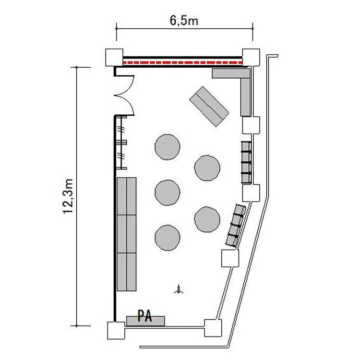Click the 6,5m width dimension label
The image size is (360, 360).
tap(184, 21)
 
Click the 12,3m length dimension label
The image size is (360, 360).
tap(68, 196)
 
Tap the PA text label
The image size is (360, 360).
tap(144, 316)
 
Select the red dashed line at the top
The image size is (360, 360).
tap(183, 62)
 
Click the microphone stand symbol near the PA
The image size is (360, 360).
tap(179, 289)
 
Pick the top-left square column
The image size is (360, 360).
tap(114, 58)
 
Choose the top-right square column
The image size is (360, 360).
tap(251, 58)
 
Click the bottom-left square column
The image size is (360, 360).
tap(116, 330)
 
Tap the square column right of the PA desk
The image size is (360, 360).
tap(213, 328)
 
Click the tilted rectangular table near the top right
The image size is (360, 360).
tap(209, 106)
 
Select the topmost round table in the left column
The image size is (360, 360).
tap(168, 147)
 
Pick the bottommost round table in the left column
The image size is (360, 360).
tap(168, 238)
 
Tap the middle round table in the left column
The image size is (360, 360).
tap(168, 192)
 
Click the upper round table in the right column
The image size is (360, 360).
tap(207, 168)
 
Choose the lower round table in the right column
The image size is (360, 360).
tap(207, 219)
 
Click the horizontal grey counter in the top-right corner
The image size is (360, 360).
tap(231, 73)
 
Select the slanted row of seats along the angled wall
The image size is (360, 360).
tap(236, 226)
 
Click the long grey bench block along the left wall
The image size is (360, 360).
tap(127, 234)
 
